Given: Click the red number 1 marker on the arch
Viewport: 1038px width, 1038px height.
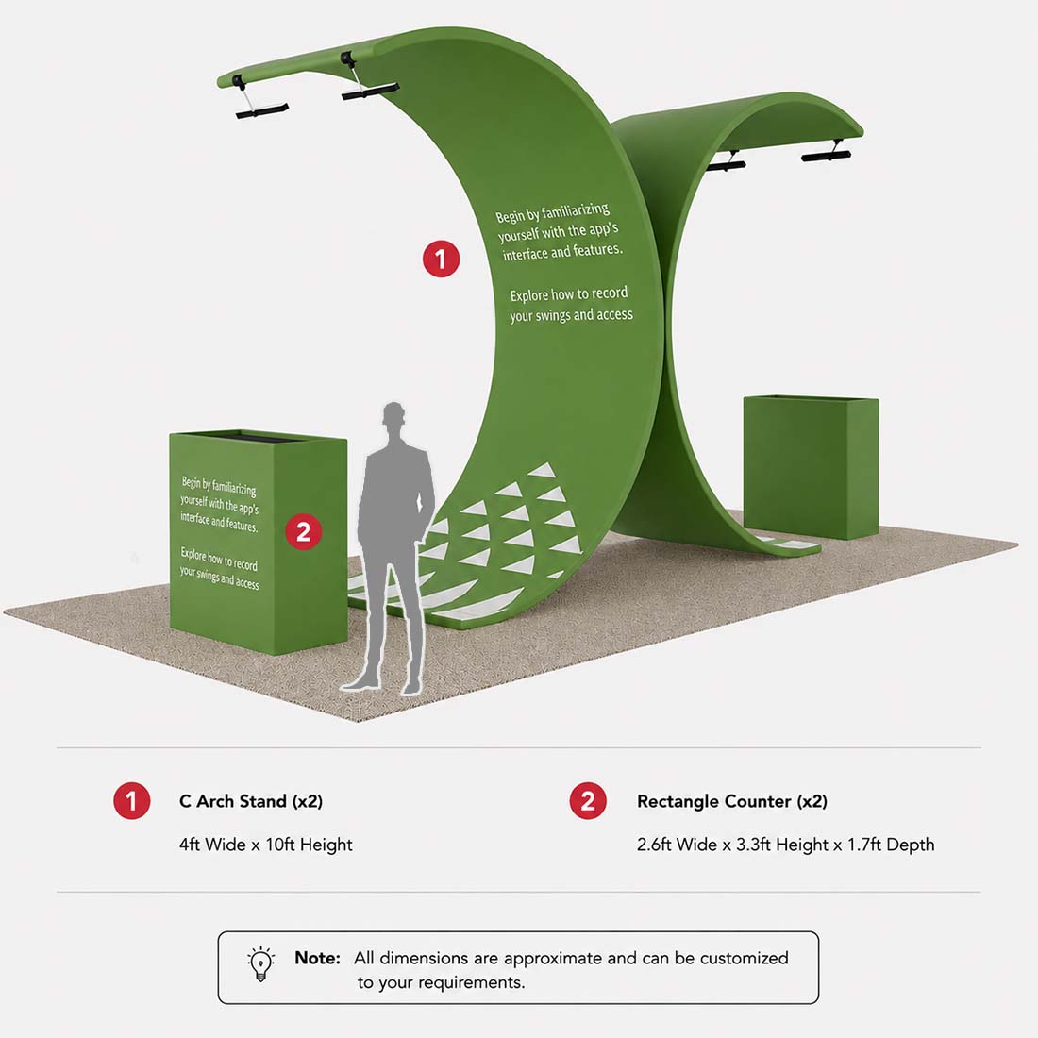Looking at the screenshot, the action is pos(441,259).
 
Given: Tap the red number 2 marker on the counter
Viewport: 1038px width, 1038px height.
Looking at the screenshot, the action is pos(303,531).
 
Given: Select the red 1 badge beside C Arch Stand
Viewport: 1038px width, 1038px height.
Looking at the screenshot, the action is pos(132,801).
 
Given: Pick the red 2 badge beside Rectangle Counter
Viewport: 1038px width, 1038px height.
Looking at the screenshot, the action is pos(588,801).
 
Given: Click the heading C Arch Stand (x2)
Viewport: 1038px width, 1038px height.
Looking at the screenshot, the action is pos(251,801).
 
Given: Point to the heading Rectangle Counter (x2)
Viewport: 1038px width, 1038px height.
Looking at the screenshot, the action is pos(732,801).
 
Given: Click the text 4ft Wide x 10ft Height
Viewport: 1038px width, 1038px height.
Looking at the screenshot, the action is pos(265,845).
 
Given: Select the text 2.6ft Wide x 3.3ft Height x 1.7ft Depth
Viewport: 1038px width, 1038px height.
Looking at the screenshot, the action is pos(786,845).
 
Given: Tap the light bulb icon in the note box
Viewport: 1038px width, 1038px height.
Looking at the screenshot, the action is pos(260,964).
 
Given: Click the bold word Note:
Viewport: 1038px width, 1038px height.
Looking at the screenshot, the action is pos(317,958).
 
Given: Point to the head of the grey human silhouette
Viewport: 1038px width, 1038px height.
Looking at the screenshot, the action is pos(393,415).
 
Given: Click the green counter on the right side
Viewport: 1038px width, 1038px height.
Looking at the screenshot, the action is pos(811,467).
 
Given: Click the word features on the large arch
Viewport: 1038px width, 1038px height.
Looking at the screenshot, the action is pos(597,250).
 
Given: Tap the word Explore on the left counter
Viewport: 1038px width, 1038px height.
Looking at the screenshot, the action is pos(193,553).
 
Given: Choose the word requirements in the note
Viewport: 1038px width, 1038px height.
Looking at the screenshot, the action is pos(480,983).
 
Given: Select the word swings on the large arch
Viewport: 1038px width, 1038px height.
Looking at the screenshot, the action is pos(548,315).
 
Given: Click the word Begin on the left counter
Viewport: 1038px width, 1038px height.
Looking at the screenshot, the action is pos(191,481).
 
